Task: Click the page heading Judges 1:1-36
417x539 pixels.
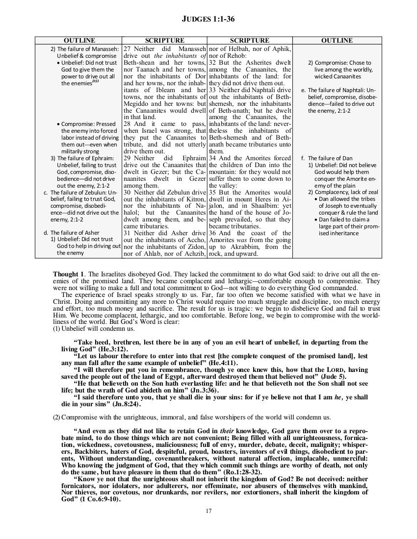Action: (x=208, y=19)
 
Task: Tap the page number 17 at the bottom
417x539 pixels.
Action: (x=208, y=511)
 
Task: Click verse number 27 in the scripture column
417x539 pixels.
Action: (x=127, y=49)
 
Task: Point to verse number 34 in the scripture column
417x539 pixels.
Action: (x=213, y=158)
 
